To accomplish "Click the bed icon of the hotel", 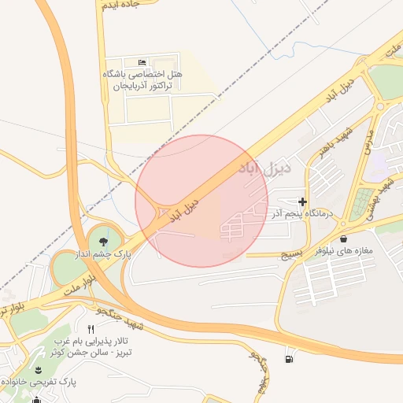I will [142, 62].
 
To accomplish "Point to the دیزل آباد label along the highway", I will [184, 211].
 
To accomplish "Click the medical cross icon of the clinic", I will [303, 202].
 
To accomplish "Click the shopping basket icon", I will [343, 238].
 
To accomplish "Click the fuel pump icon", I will [290, 360].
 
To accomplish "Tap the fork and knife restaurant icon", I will [91, 329].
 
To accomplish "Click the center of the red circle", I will [201, 201].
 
